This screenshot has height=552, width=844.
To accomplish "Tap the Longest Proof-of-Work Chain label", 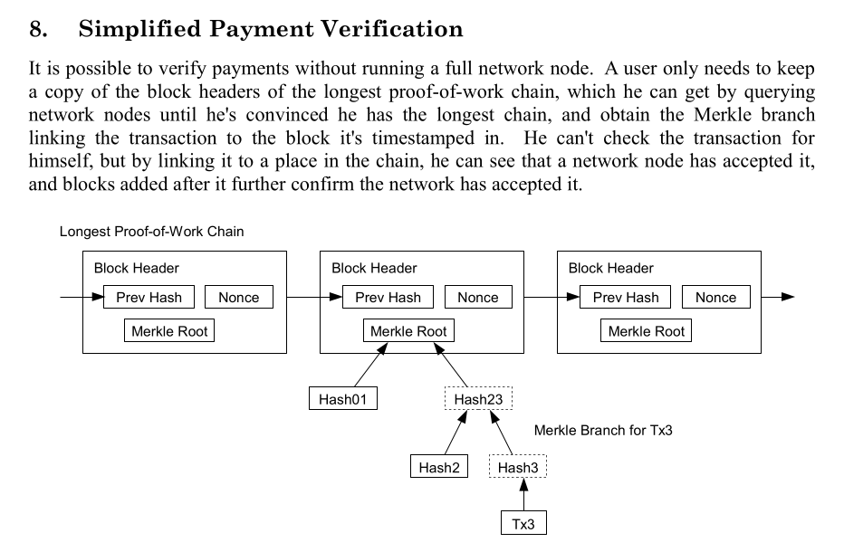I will pos(151,232).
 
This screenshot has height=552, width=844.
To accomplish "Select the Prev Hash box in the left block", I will pos(149,298).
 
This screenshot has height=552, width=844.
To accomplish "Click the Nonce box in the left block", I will pos(239,298).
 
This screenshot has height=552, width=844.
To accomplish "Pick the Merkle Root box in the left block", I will pos(169,331).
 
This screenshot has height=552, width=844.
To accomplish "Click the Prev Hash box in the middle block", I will pos(388,298).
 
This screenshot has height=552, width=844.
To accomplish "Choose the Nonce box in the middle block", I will pos(477,298).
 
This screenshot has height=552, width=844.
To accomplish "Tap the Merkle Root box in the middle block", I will pos(408,331).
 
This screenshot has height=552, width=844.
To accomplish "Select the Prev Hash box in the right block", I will pos(626,298).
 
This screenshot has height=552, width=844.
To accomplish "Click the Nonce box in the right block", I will pos(715,298).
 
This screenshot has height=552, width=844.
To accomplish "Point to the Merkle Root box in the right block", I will pos(647,331).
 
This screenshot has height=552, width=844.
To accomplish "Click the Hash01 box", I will pos(343,399).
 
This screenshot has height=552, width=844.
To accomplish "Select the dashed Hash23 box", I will pos(478,399).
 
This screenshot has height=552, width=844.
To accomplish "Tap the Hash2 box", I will pos(439,467).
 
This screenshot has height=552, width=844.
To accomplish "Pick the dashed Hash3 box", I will pos(518,467).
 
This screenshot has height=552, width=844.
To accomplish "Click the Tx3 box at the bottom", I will pos(524,524).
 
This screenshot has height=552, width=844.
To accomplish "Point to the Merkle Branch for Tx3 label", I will pos(603,431).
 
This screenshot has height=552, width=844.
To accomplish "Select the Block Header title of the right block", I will pos(610,268).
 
